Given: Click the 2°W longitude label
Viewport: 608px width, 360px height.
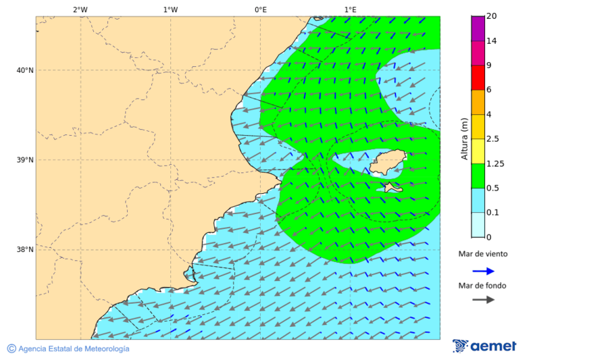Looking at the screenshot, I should [x=80, y=9].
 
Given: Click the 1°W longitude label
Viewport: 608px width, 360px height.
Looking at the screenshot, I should [x=170, y=9].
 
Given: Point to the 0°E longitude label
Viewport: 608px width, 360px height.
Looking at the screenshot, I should [x=260, y=9].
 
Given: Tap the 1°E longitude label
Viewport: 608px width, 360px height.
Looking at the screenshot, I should [x=351, y=9].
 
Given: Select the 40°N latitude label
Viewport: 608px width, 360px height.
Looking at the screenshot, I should [x=25, y=70].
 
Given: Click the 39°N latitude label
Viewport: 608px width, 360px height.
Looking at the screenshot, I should [x=25, y=160].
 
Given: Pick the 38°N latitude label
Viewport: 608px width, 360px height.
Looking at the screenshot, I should [x=25, y=250].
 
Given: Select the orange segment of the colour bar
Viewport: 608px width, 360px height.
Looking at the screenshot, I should [x=478, y=102].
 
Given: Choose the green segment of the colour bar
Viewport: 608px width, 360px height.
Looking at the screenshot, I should [x=478, y=176].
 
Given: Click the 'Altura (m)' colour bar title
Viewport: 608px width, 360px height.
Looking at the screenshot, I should [x=464, y=138].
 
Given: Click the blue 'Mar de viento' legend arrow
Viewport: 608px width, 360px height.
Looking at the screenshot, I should [x=483, y=271].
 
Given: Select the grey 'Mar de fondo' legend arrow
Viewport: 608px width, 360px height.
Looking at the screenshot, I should [x=483, y=300].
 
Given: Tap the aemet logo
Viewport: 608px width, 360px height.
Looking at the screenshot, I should [x=484, y=346].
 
